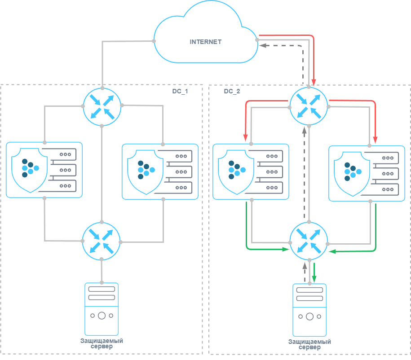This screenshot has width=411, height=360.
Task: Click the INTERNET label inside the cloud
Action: [x=205, y=42]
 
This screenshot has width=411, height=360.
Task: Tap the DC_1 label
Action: [x=180, y=91]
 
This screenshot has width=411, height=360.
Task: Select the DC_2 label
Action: [x=232, y=91]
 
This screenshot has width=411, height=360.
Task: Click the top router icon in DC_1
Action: [x=102, y=106]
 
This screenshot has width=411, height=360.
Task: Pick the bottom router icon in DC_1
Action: [x=102, y=241]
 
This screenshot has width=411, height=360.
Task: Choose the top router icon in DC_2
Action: [x=309, y=106]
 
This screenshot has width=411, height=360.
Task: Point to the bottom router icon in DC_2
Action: [x=309, y=241]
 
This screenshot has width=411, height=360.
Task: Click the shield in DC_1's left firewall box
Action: [x=30, y=169]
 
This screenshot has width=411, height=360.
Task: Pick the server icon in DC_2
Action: [x=309, y=310]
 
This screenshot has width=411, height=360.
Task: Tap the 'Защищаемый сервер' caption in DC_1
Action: [x=102, y=343]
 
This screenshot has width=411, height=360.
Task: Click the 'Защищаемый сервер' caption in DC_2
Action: [x=309, y=345]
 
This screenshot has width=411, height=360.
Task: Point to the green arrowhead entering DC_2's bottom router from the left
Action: [x=286, y=249]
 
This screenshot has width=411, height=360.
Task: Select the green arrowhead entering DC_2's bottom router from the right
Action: [x=332, y=251]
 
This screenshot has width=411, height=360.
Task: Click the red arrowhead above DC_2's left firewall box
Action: [x=246, y=138]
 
